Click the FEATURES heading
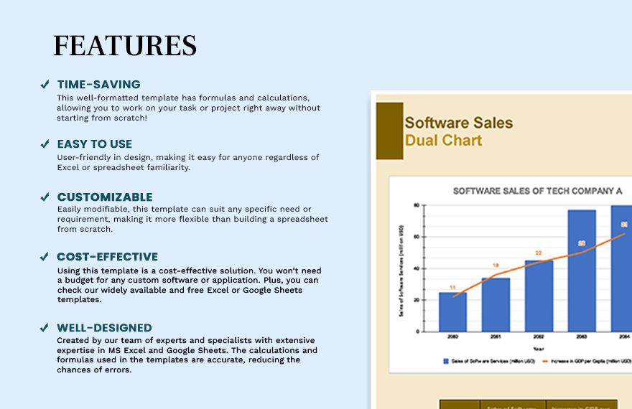point(125,45)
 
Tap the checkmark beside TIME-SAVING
point(45,85)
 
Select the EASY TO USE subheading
point(95,144)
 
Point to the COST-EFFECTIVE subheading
point(108,256)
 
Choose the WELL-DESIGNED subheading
point(104,328)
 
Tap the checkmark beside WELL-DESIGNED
point(45,328)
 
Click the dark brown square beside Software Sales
point(389,131)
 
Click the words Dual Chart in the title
point(443,140)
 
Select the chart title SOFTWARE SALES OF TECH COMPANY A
point(537,191)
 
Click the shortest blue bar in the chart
point(452,312)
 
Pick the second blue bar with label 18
point(496,305)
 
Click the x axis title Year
point(539,349)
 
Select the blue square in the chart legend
point(446,362)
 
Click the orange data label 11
point(452,288)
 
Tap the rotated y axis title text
point(401,269)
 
